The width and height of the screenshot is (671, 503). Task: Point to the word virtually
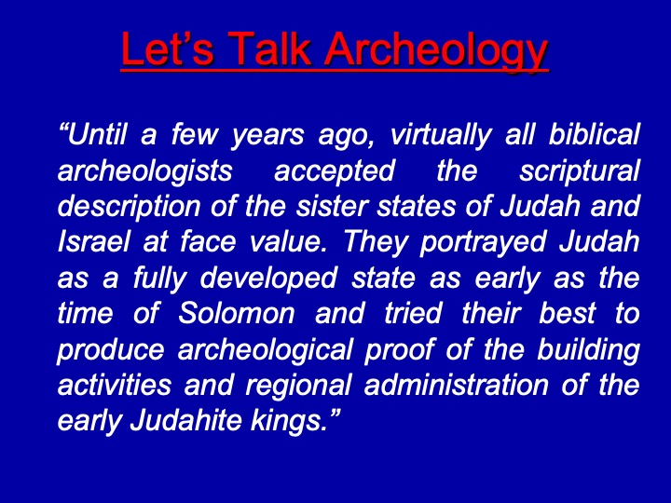click(x=441, y=136)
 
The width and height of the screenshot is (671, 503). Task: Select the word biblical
click(x=594, y=134)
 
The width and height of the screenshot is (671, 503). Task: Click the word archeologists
click(x=144, y=172)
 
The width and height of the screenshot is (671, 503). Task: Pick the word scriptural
click(x=580, y=172)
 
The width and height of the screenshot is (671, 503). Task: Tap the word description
click(x=129, y=208)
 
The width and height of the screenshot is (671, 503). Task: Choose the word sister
click(x=332, y=206)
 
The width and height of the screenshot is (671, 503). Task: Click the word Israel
click(x=93, y=241)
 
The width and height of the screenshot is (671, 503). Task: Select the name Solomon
click(x=236, y=314)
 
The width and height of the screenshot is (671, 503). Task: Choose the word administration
click(x=456, y=385)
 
